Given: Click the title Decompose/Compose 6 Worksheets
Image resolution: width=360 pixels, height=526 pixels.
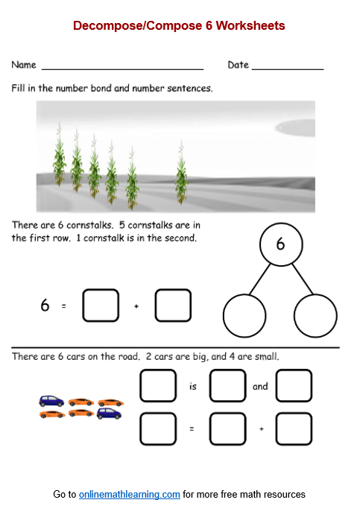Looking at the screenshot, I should [179, 26].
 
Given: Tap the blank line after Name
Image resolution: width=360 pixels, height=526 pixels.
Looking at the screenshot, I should [122, 68].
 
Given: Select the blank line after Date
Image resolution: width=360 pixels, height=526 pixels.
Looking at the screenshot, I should [288, 68].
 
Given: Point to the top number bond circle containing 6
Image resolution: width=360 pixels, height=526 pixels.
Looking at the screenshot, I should [280, 244].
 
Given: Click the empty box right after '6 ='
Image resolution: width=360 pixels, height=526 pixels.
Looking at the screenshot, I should [101, 305].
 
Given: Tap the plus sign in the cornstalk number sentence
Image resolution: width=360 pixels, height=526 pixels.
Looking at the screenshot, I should [136, 305].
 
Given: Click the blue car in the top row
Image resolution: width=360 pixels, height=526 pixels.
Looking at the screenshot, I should [51, 401].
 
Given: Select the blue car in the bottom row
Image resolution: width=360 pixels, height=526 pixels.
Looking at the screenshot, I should [109, 413].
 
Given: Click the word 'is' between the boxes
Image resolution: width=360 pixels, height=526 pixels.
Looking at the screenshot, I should [193, 387].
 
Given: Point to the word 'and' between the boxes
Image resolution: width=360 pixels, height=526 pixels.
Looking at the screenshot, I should [260, 387].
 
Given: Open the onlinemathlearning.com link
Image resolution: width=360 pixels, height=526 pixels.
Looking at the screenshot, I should [130, 494].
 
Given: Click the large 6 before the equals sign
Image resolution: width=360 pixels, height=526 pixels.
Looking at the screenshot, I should [45, 305].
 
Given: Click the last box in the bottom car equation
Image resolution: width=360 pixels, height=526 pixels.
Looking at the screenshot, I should [294, 429].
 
